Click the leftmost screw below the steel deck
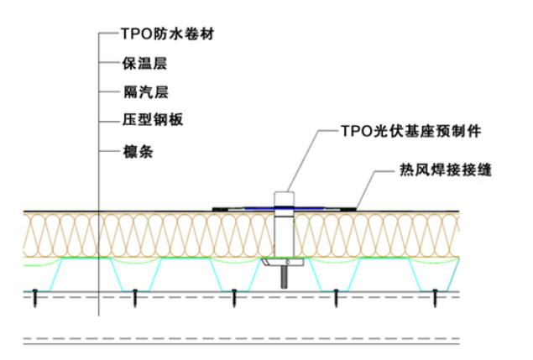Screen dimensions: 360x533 click(x=36, y=295)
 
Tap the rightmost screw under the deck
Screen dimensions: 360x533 click(x=436, y=295)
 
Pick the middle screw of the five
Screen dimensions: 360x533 click(x=234, y=295)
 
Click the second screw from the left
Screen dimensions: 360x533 click(x=135, y=295)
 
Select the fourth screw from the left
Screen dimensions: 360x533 click(x=336, y=295)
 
